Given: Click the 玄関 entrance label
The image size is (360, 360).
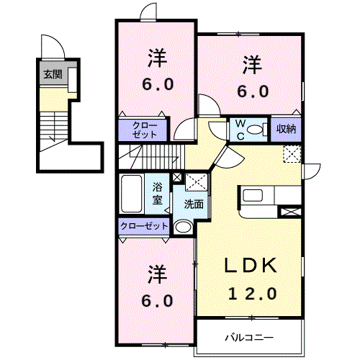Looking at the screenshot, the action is pyautogui.click(x=53, y=74).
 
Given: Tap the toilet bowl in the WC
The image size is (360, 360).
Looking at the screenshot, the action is pyautogui.click(x=256, y=130).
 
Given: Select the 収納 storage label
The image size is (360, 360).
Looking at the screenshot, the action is pyautogui.click(x=286, y=129).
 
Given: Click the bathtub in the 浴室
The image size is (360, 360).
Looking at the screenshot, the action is pyautogui.click(x=131, y=194).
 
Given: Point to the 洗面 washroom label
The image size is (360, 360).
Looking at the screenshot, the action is pyautogui.click(x=194, y=204).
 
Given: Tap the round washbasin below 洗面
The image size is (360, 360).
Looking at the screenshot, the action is pyautogui.click(x=183, y=227).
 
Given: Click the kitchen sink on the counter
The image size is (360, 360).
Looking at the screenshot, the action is pyautogui.click(x=253, y=196).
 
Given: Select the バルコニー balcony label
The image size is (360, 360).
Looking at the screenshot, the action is pyautogui.click(x=249, y=338).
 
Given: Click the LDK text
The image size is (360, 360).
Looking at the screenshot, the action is pyautogui.click(x=251, y=265).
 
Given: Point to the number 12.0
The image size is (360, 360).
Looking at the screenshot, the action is pyautogui.click(x=253, y=294).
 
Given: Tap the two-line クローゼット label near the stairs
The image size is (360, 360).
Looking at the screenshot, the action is pyautogui.click(x=145, y=130).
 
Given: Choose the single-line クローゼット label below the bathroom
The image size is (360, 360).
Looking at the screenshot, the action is pyautogui.click(x=144, y=226).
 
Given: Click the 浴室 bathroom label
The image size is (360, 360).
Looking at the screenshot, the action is pyautogui.click(x=158, y=194).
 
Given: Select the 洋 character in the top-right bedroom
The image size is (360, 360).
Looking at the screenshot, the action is pyautogui.click(x=252, y=65).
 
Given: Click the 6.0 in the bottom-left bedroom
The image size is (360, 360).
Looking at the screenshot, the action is pyautogui.click(x=157, y=301).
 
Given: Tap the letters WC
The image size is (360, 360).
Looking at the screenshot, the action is pyautogui.click(x=240, y=130).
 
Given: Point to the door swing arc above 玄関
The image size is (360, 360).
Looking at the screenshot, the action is pyautogui.click(x=57, y=41).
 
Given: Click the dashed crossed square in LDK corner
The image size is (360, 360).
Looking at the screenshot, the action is pyautogui.click(x=292, y=154).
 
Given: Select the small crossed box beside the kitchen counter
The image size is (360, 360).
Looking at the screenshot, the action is pyautogui.click(x=291, y=212).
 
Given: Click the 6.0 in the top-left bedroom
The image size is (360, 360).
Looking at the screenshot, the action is pyautogui.click(x=158, y=84).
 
